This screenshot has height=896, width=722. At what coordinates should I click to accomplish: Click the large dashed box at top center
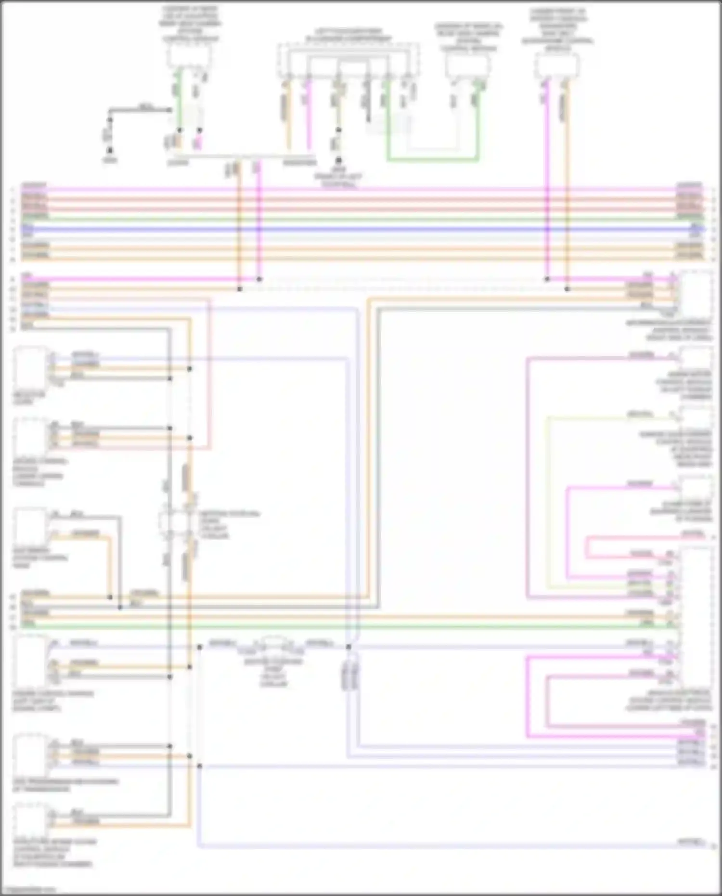coord(348,60)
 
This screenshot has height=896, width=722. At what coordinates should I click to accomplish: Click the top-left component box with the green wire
coord(189,57)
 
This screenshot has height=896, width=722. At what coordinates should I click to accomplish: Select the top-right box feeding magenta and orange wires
coord(557,65)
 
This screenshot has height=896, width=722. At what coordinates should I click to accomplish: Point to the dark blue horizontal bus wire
coord(361,230)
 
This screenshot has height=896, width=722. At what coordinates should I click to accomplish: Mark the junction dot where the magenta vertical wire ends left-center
coord(259,279)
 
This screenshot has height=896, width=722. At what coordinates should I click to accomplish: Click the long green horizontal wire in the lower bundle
coord(337,626)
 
